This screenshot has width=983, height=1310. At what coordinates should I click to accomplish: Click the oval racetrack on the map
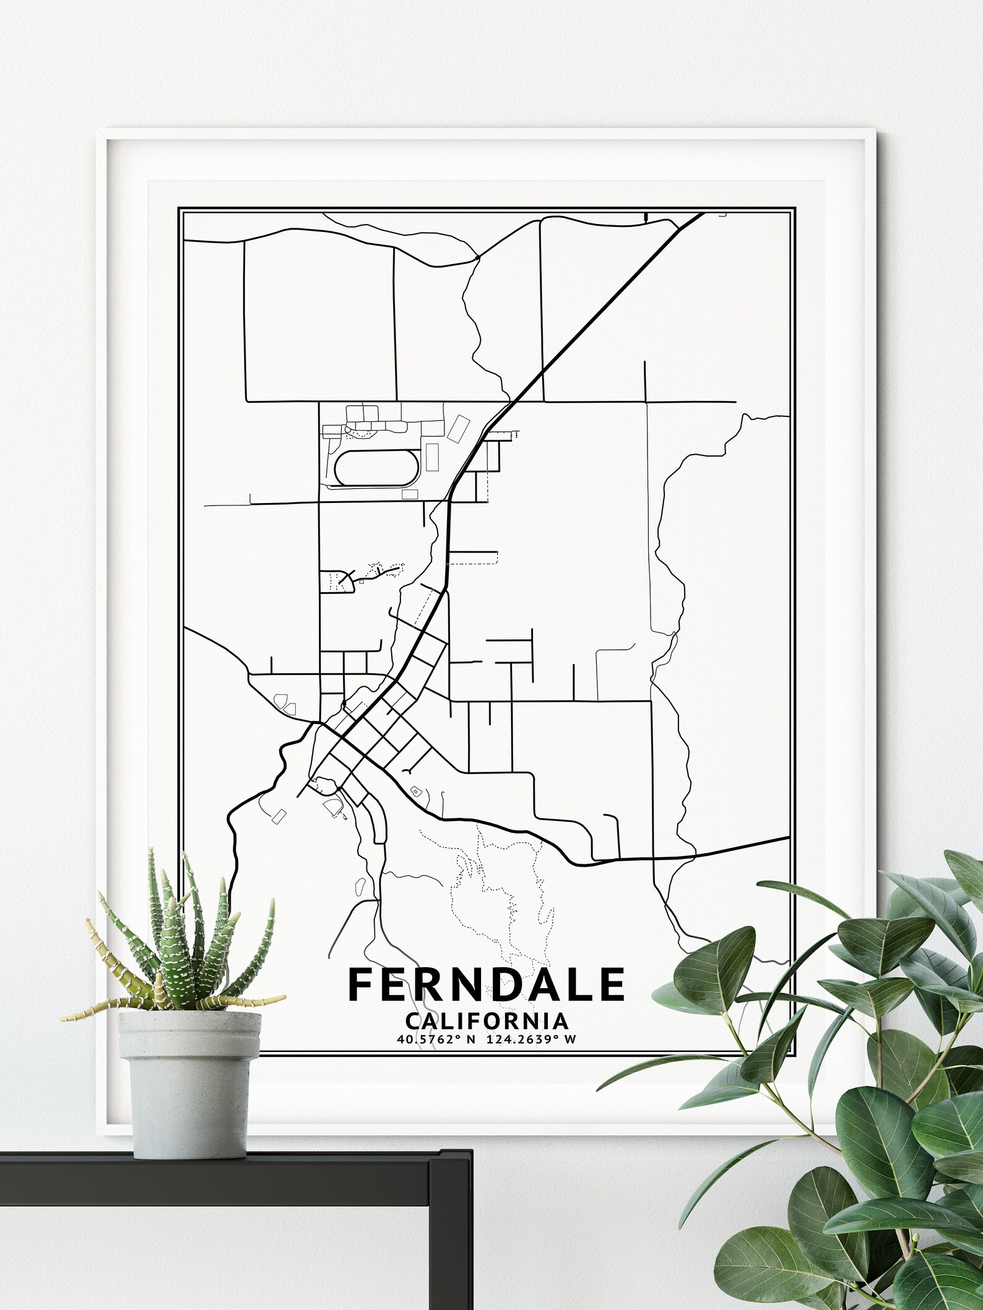click(x=377, y=467)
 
